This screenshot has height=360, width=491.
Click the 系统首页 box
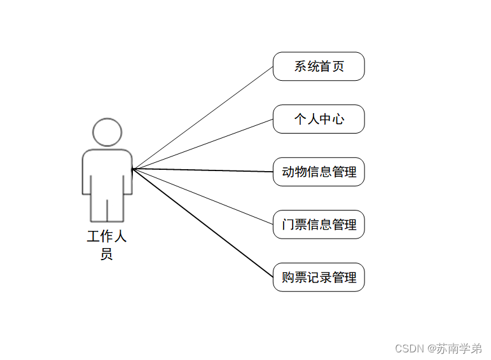319,66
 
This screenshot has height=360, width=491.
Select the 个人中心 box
319,119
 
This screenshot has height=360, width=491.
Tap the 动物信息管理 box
319,172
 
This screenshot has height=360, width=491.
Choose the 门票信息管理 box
319,225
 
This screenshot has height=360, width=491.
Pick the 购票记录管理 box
319,277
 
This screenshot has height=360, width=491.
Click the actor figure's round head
107,132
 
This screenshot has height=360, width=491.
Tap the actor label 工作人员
107,246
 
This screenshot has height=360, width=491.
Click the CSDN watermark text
409,349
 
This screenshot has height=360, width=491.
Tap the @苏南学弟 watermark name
454,349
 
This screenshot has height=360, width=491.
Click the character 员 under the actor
107,254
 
